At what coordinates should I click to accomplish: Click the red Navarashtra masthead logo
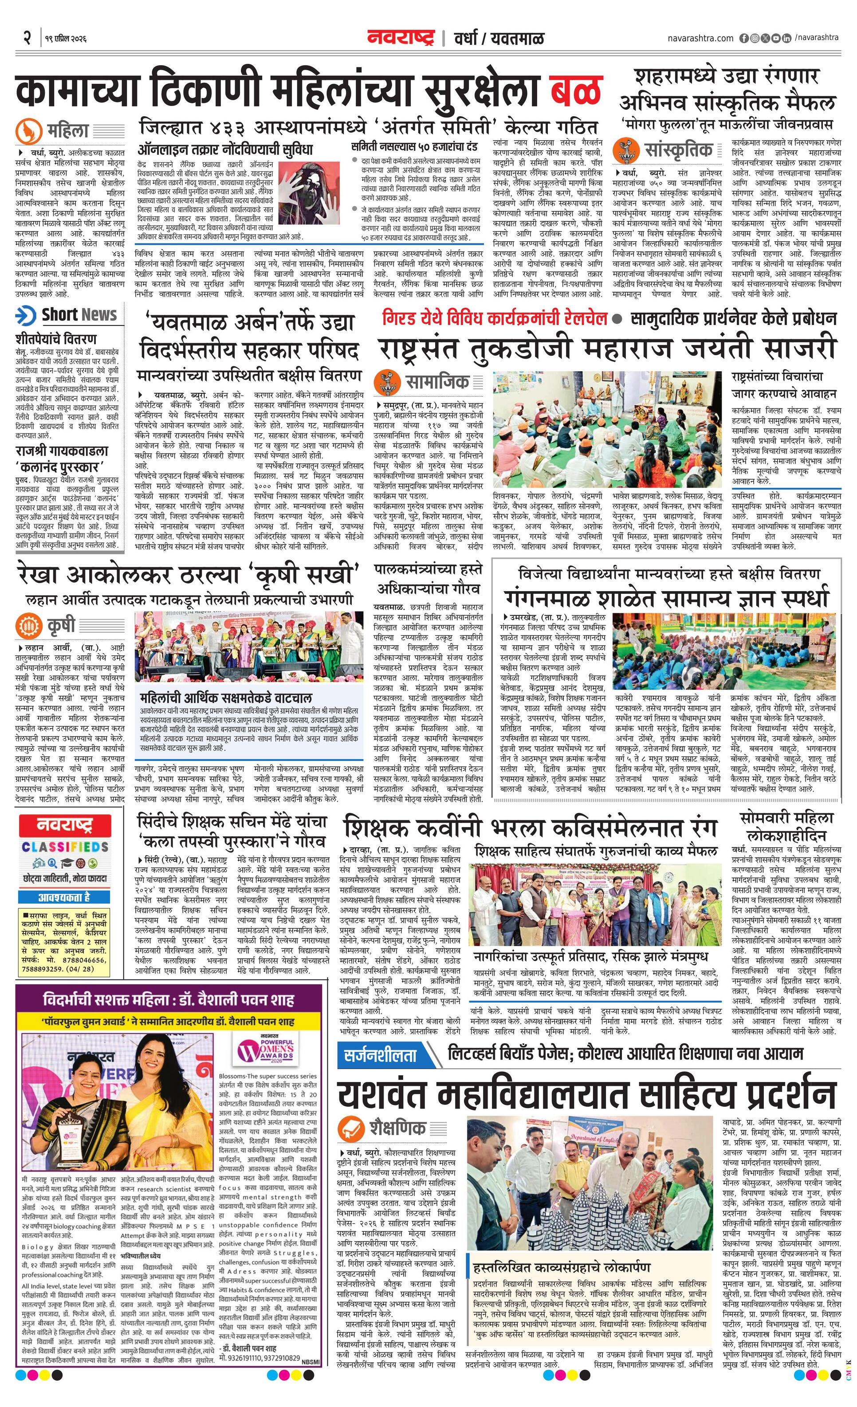(x=401, y=37)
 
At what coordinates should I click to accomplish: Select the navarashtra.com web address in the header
(x=700, y=38)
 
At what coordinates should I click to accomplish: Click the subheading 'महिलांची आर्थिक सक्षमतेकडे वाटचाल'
(x=226, y=698)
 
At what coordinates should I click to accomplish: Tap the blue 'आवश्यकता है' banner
(x=64, y=897)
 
